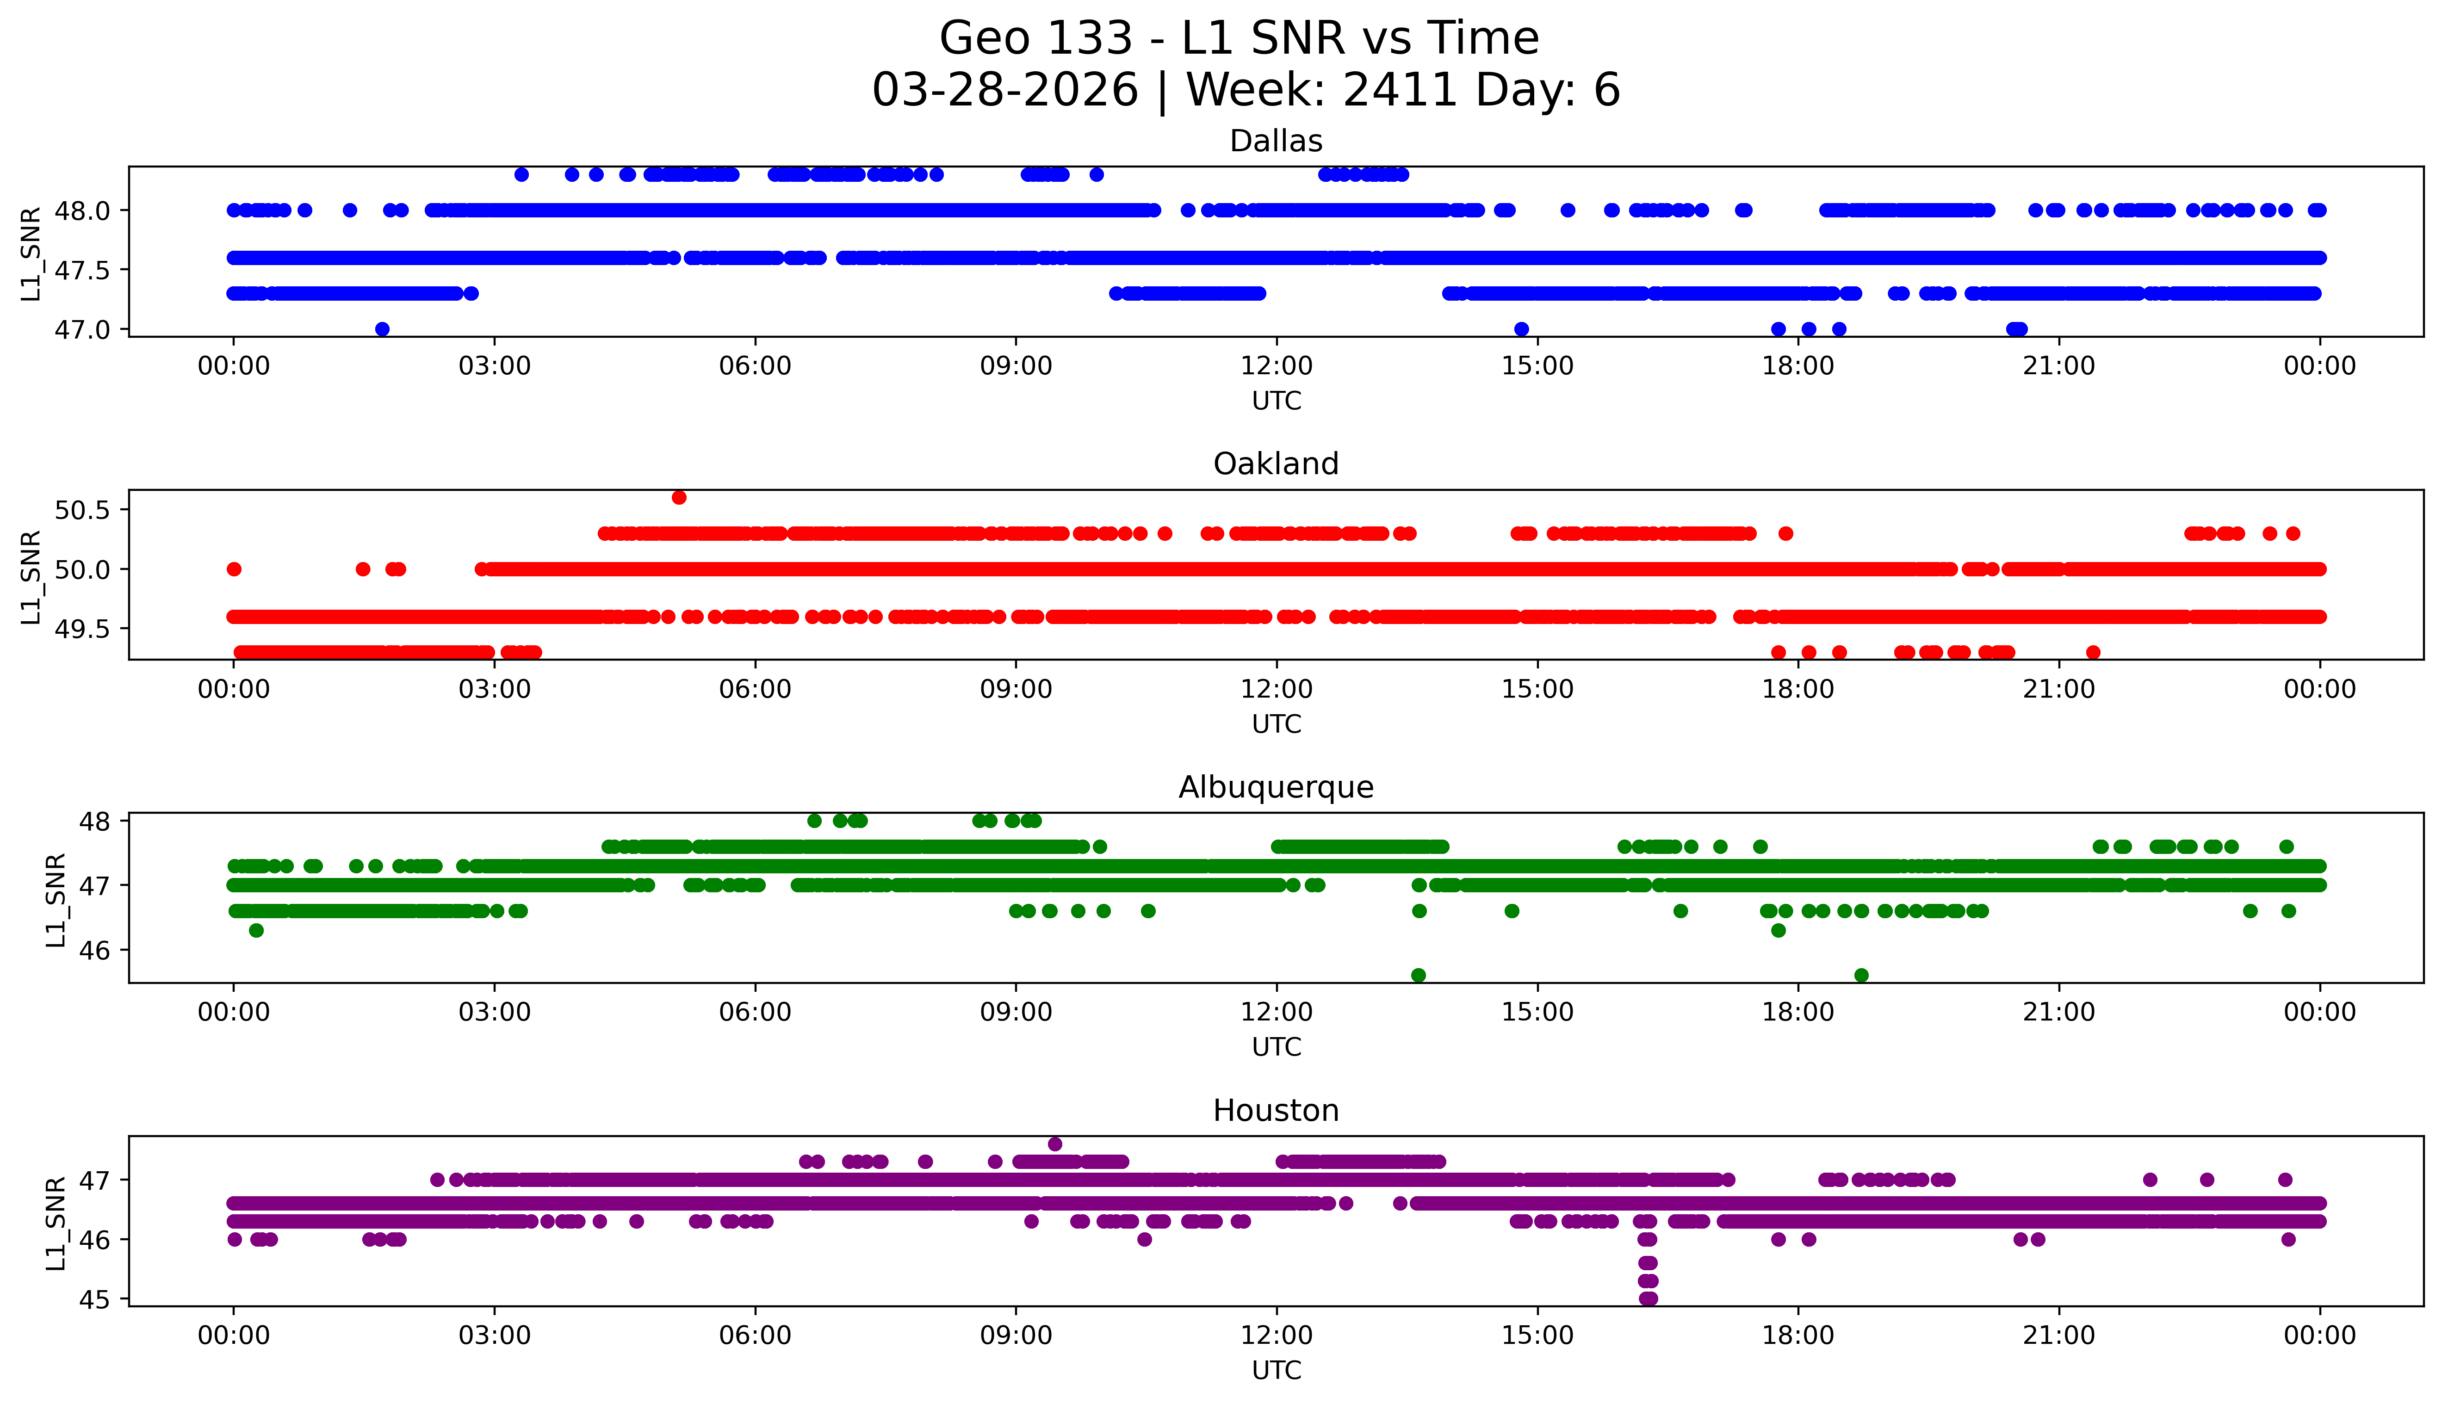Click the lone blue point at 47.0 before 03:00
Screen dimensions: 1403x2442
click(x=382, y=328)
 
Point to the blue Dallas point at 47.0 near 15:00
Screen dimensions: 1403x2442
click(x=1521, y=328)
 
